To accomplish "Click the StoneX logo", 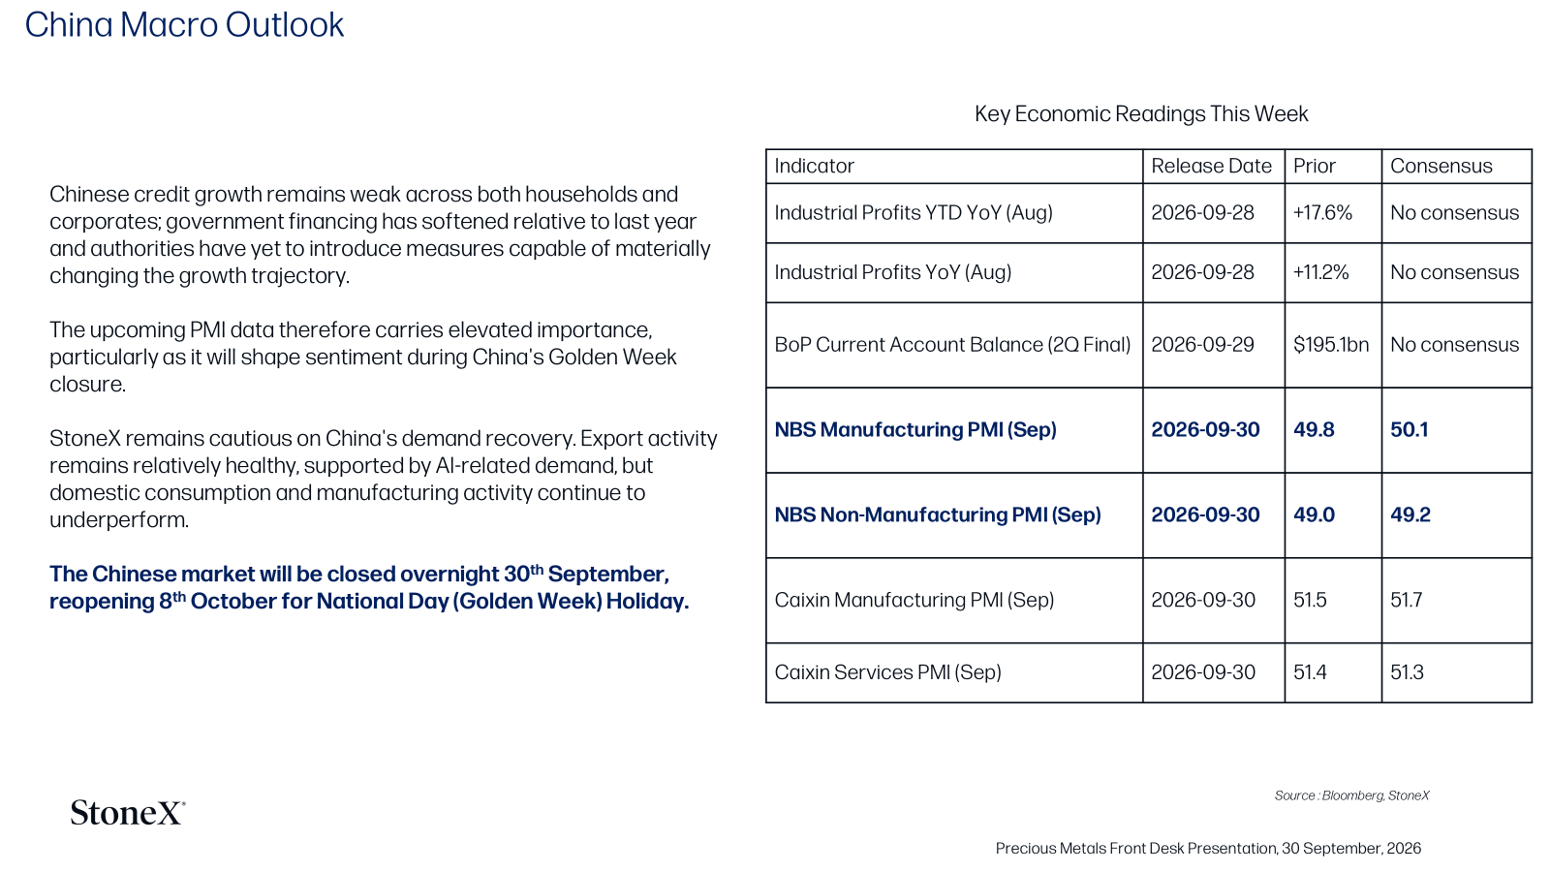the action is point(128,813).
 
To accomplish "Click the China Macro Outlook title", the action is point(184,25).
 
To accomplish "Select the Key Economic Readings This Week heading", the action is point(1141,114).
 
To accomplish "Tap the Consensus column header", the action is point(1441,166).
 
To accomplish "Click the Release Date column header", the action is point(1211,166).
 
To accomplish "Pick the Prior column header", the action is point(1314,166).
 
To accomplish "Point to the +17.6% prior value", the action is point(1322,212).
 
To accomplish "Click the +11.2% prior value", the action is point(1321,272).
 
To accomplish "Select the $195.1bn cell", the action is point(1331,345).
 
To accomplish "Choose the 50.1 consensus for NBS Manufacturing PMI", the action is point(1409,430).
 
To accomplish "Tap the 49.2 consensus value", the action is point(1410,514).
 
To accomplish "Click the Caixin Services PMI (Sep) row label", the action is point(887,672).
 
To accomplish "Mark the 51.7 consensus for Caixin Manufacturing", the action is point(1406,600).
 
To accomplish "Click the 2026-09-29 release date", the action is point(1202,345).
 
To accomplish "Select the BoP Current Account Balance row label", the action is point(952,345).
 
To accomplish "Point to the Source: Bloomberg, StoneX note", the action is point(1351,795).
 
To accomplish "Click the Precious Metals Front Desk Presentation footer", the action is point(1208,849).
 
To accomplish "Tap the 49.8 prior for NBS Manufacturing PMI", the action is point(1314,430).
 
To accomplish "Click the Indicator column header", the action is point(814,166).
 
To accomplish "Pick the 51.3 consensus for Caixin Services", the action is point(1407,672).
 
